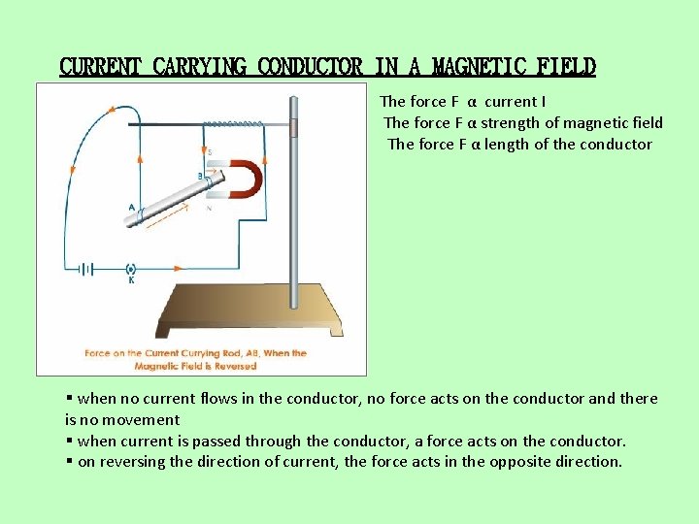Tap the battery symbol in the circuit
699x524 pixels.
(x=89, y=269)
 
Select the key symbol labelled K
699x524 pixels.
(x=131, y=269)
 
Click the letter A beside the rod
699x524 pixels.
(x=132, y=207)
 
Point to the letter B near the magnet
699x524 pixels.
(x=200, y=176)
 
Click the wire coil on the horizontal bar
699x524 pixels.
(x=232, y=124)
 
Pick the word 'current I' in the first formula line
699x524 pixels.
(x=514, y=101)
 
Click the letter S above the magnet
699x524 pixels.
(x=210, y=152)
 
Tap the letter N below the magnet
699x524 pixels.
(x=209, y=208)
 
